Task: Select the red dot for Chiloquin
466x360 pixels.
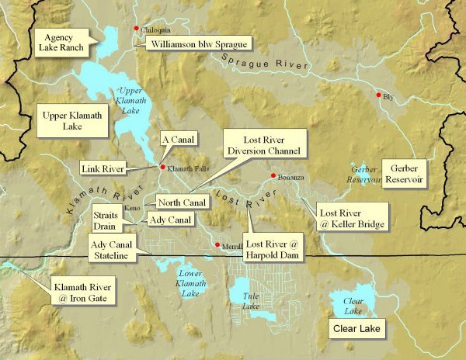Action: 137,29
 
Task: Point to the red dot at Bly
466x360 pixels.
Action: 379,95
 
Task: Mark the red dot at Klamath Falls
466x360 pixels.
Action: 162,167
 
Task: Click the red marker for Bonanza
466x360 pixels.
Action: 273,175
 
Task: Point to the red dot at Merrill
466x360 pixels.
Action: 217,246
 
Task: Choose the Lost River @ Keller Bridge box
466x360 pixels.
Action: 350,218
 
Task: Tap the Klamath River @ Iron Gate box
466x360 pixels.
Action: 80,290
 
